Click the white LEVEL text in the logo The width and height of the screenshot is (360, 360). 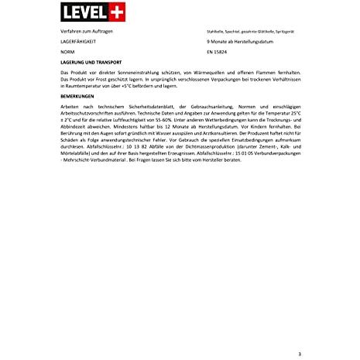(x=76, y=13)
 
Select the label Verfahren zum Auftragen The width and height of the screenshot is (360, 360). (x=84, y=29)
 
